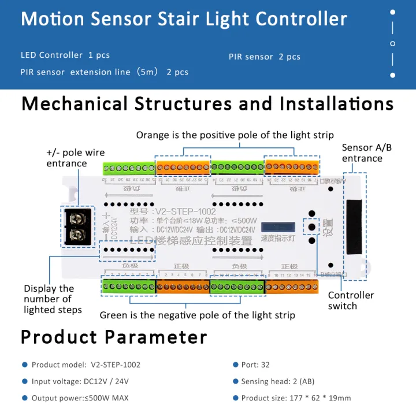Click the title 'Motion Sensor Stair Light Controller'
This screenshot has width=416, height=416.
tap(184, 18)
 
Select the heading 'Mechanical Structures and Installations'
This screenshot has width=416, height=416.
tap(207, 104)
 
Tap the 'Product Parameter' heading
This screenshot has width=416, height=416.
tap(114, 337)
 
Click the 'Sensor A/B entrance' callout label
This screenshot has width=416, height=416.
tap(366, 153)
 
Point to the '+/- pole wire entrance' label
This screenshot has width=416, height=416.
tap(76, 158)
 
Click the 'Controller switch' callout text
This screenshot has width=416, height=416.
tap(351, 300)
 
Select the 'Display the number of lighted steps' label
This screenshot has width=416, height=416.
tap(53, 299)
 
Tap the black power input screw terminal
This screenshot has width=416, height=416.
tap(78, 226)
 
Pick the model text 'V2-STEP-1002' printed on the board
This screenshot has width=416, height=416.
tap(185, 211)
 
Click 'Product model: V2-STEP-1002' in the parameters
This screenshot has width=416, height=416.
tap(86, 365)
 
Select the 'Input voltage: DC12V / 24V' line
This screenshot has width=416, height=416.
tap(81, 381)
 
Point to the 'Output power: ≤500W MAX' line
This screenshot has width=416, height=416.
tap(80, 398)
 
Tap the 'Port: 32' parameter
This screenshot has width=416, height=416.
tap(255, 365)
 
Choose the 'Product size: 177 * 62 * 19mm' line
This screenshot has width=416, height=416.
tap(296, 398)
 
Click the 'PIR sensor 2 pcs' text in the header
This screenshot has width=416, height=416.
tap(264, 57)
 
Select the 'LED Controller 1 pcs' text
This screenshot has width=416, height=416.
tap(65, 55)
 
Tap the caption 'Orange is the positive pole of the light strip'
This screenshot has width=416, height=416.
tap(235, 135)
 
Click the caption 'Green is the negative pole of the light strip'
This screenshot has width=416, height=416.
tap(197, 315)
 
